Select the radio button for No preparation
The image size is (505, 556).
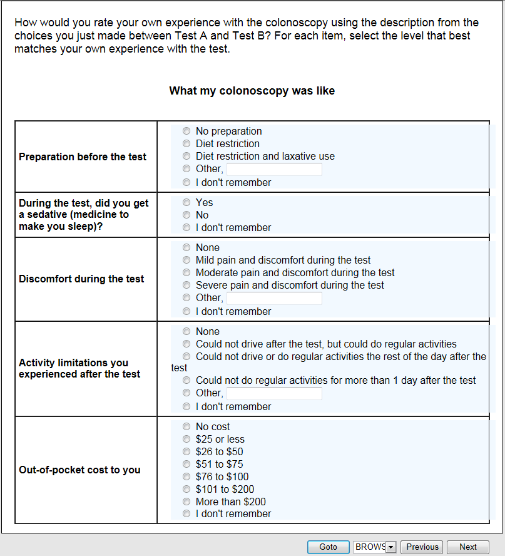coord(186,131)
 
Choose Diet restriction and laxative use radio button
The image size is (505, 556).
coord(186,157)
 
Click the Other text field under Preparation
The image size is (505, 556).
coord(274,170)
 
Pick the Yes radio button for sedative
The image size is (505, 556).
coord(186,203)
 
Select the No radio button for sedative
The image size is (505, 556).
coord(186,215)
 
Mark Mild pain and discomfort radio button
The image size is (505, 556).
coord(186,260)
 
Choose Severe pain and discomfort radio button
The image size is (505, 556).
coord(186,286)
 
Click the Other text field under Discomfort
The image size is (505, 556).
coord(274,299)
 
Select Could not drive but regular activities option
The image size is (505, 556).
coord(186,344)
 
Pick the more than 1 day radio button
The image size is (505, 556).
coord(186,381)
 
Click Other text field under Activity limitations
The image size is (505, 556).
coord(274,394)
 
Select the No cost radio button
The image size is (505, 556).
coord(186,427)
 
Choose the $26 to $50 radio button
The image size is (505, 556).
coord(186,452)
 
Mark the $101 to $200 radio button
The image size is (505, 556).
coord(186,490)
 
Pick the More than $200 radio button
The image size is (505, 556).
coord(186,502)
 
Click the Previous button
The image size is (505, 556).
coord(422,547)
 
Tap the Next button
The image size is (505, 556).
coord(467,547)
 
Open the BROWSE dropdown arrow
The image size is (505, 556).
coord(392,547)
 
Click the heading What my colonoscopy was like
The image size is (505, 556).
coord(252,91)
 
